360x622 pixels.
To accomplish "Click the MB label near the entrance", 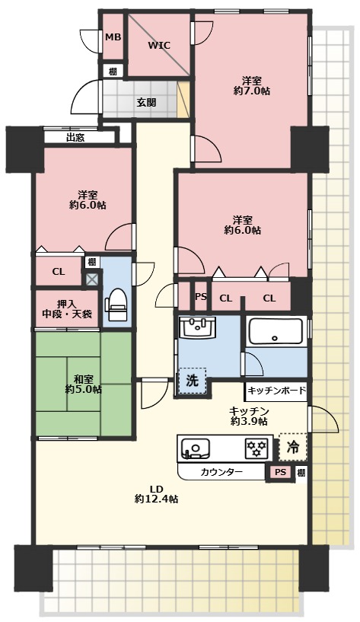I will coord(113,37).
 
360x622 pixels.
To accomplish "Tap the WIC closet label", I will coord(159,45).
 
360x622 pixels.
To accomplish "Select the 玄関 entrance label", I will coord(146,102).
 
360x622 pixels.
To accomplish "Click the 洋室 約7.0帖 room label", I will coord(251,85).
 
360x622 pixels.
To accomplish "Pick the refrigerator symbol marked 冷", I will coord(292,448).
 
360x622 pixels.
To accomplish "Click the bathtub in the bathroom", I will coord(275,331).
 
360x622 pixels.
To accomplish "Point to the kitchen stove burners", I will coord(256,448).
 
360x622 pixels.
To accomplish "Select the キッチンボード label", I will coord(276,392).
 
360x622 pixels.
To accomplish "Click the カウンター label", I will coord(221,472).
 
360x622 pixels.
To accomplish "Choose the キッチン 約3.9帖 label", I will coord(248,416).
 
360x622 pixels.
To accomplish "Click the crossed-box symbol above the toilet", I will coord(92,279).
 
